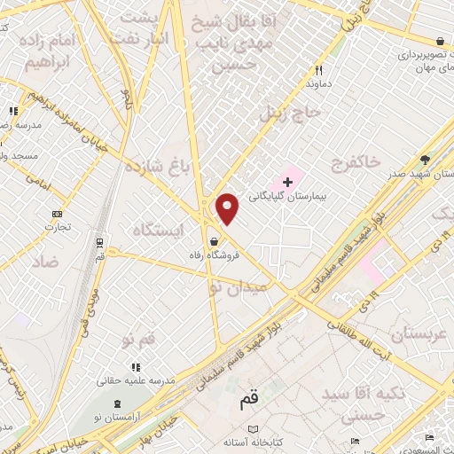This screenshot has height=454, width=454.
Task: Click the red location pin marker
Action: tap(228, 209)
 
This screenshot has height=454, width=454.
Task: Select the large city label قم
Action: tap(249, 401)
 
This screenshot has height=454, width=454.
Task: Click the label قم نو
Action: tap(140, 340)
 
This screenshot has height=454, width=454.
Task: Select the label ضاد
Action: tap(48, 262)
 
